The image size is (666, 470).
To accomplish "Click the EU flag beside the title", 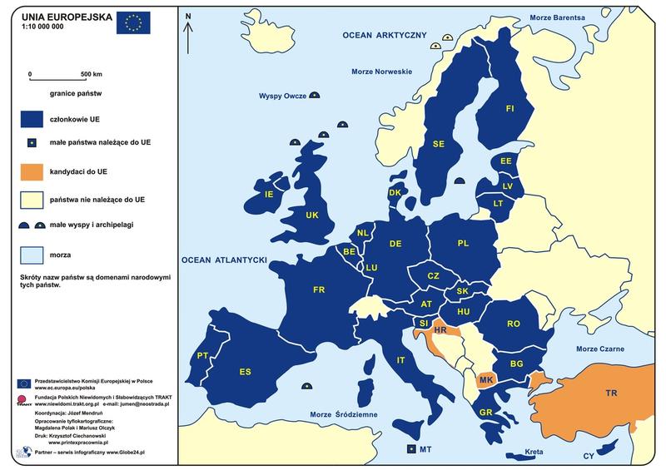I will click(x=134, y=22).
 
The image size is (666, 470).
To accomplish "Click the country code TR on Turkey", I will click(x=611, y=393).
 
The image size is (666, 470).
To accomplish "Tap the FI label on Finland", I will click(x=510, y=108).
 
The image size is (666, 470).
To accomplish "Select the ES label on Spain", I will click(x=245, y=371).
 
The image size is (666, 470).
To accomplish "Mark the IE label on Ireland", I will click(x=268, y=195).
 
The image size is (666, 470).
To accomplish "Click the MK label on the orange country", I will click(x=487, y=380).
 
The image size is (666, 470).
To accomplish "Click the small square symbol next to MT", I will click(x=410, y=449).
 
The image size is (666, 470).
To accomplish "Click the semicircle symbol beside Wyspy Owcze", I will click(x=315, y=96).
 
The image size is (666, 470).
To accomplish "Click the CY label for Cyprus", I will click(x=589, y=456).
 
